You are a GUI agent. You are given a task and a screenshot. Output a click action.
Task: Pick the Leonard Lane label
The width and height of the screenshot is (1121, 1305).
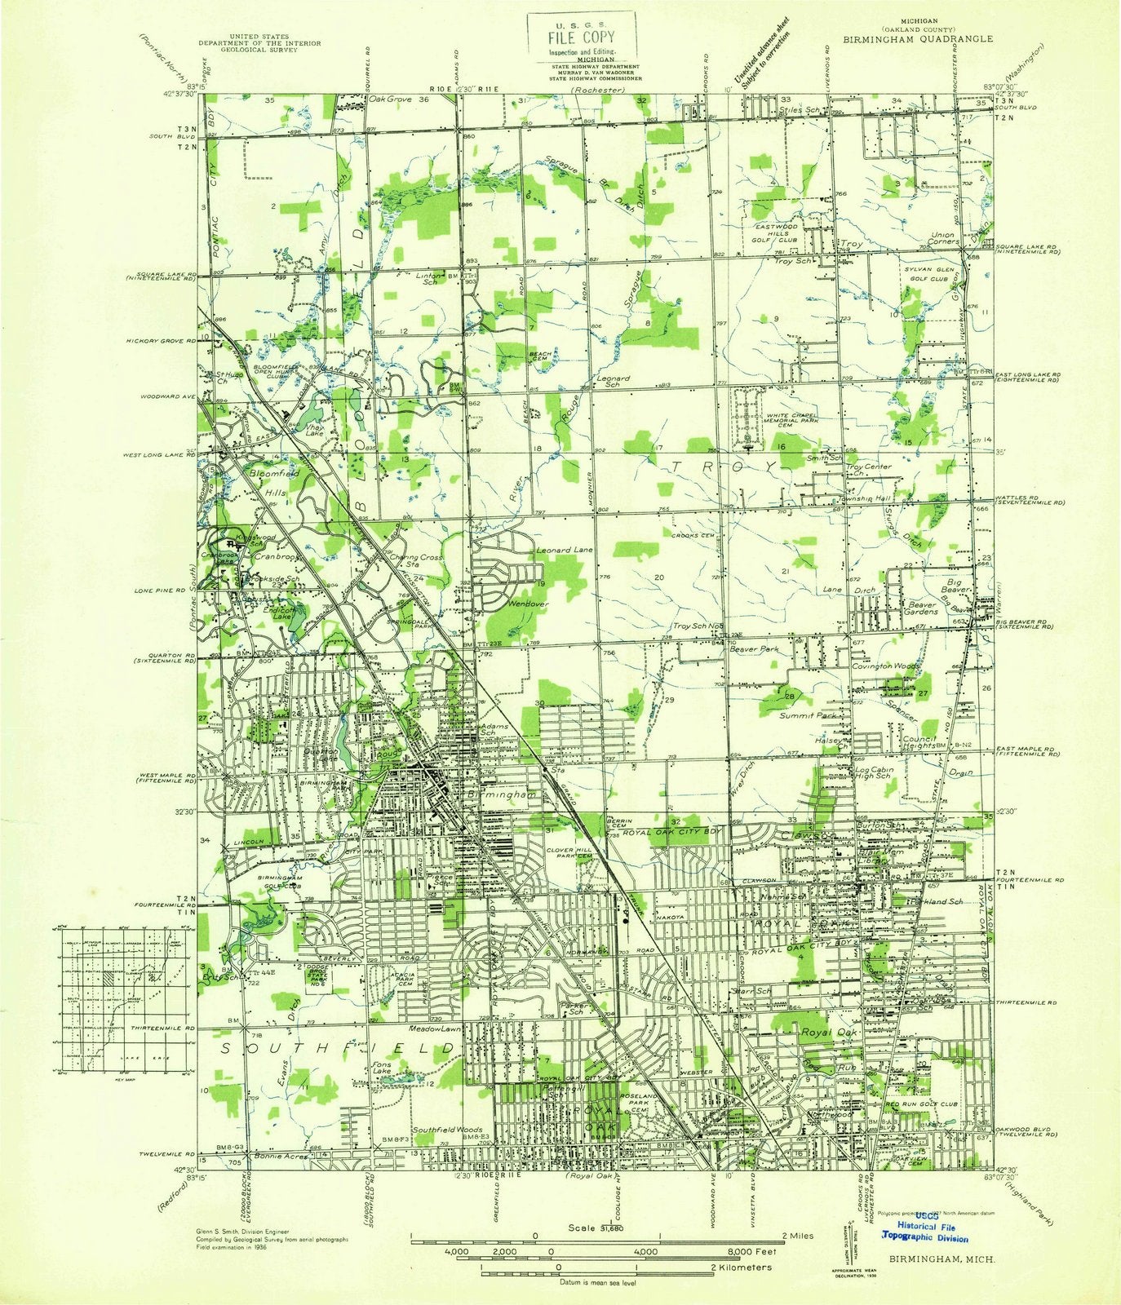coord(565,551)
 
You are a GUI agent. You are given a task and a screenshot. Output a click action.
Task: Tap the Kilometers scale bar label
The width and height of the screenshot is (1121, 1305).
coord(742,1267)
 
